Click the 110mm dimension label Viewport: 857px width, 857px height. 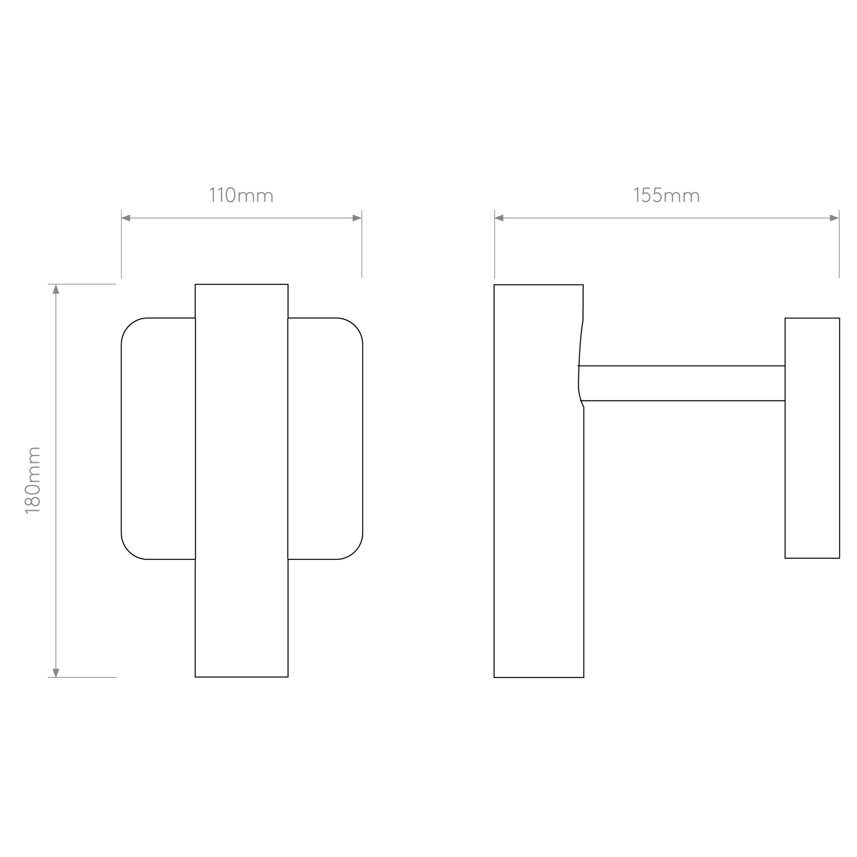pos(241,195)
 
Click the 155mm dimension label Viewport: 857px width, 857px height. pos(667,195)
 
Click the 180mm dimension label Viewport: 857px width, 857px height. pos(33,480)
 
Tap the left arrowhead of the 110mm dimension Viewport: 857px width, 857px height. pos(126,218)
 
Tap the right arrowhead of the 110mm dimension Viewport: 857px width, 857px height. pos(357,218)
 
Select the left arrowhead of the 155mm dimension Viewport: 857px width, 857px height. pos(499,218)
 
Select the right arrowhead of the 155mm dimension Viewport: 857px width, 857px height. pos(835,218)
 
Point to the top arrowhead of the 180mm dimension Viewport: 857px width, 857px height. pos(56,289)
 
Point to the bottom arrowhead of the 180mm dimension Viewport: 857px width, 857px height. pos(56,672)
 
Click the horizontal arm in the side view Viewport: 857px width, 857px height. pos(682,383)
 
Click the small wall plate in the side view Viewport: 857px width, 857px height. pos(812,438)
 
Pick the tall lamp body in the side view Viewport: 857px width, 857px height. pos(539,481)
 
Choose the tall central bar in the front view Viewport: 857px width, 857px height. pos(242,480)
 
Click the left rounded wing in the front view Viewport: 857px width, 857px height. pos(159,439)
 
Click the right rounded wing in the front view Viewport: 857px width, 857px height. pos(325,439)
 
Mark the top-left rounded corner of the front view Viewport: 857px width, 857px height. pos(129,325)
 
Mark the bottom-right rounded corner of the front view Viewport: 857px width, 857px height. pos(355,551)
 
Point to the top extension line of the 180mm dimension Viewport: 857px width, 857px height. pos(82,284)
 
